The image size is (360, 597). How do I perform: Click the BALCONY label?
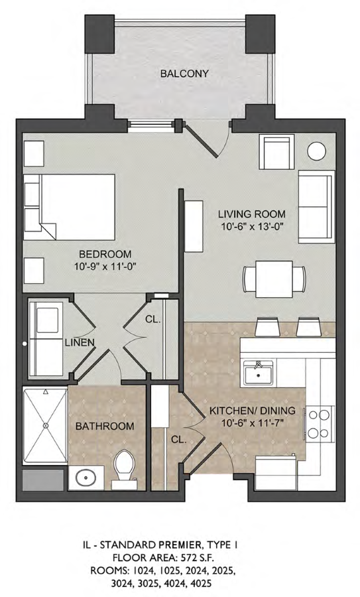click(x=184, y=73)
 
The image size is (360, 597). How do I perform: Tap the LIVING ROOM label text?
click(x=252, y=214)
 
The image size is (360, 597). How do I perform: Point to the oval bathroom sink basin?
click(x=86, y=478)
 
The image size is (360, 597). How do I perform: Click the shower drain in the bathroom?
click(x=46, y=425)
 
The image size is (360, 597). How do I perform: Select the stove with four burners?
click(x=319, y=423)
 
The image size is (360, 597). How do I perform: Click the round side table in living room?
click(x=317, y=151)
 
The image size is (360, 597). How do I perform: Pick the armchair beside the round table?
click(x=276, y=151)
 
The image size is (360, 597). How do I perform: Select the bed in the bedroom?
click(x=69, y=207)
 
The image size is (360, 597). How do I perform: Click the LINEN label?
click(x=80, y=342)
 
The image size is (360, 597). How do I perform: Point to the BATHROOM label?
click(x=105, y=426)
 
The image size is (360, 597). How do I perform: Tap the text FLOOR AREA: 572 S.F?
click(x=164, y=558)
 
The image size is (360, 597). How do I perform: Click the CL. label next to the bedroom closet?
click(x=152, y=320)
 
